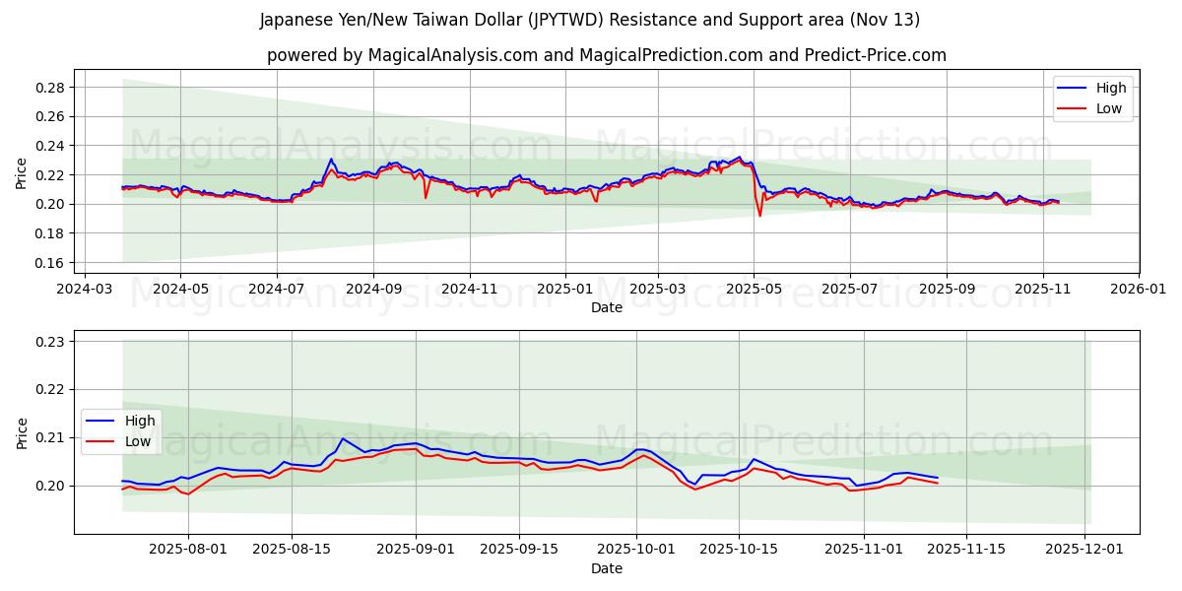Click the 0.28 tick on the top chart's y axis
[x=50, y=88]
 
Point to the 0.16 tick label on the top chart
[x=50, y=263]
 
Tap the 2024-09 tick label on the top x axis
[x=373, y=291]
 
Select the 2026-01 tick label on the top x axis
[x=1138, y=291]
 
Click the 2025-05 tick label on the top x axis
[x=754, y=291]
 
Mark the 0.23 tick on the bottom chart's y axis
[x=50, y=342]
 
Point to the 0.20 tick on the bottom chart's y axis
[x=50, y=486]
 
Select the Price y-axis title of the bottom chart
[x=22, y=432]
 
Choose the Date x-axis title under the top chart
[x=606, y=307]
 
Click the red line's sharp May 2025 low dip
[x=759, y=216]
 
